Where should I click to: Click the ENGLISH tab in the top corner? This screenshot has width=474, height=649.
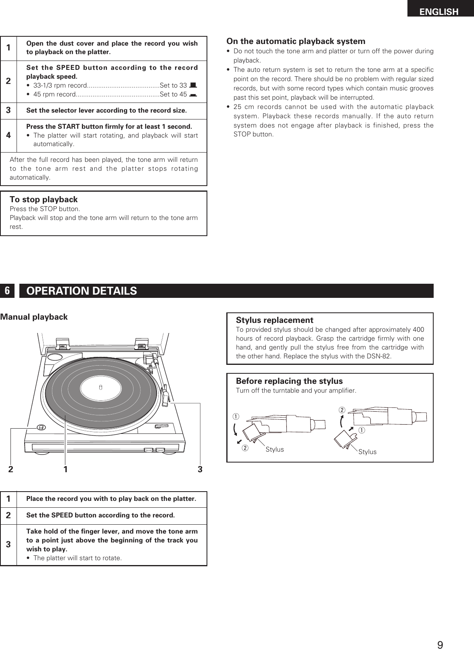(x=439, y=12)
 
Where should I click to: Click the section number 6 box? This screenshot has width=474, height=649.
(x=7, y=291)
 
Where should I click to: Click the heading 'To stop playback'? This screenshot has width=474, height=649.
(x=44, y=199)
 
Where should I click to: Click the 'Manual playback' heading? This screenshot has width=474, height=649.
(x=34, y=317)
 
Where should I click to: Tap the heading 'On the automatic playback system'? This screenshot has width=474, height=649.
(x=296, y=41)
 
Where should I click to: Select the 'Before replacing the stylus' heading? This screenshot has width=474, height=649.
(x=289, y=381)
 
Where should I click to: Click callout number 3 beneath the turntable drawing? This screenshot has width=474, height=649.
(x=200, y=469)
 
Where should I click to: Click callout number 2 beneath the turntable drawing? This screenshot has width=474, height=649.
(x=11, y=469)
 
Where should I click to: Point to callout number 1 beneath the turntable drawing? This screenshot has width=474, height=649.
(x=65, y=469)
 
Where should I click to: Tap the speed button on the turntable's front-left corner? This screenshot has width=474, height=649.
(x=41, y=427)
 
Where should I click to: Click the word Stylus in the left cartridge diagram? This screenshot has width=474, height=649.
(x=275, y=449)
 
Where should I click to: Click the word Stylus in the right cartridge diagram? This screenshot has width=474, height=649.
(x=368, y=452)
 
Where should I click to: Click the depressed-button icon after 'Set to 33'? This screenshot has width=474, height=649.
(x=193, y=85)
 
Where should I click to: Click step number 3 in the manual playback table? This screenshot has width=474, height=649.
(x=8, y=544)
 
